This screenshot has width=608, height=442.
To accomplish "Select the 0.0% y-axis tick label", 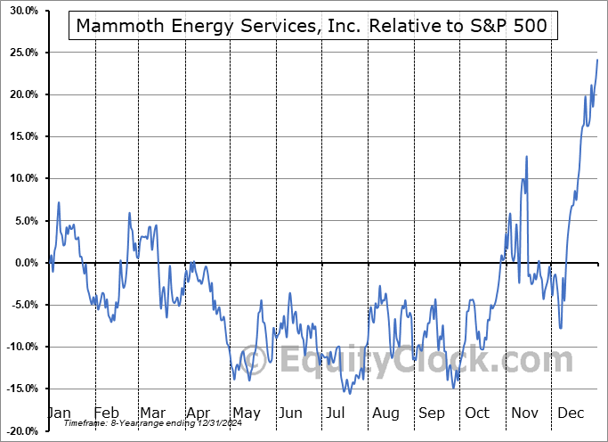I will click(x=21, y=262).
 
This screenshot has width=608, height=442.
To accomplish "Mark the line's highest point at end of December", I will click(x=596, y=60).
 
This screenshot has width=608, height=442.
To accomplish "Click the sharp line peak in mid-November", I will click(x=527, y=157).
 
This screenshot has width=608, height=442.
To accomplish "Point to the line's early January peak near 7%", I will click(x=59, y=203).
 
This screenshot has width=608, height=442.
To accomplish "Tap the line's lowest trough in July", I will click(x=349, y=393).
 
